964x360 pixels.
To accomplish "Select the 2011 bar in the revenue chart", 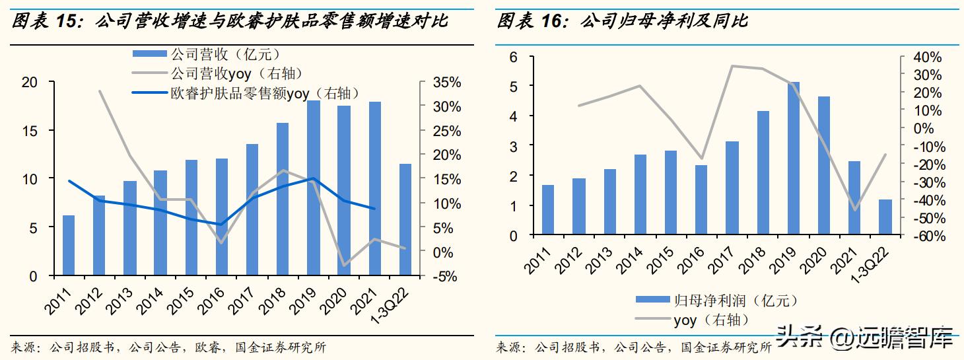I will pyautogui.click(x=69, y=245).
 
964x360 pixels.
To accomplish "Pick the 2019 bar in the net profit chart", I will pyautogui.click(x=794, y=159).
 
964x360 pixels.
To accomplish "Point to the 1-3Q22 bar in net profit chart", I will pyautogui.click(x=885, y=217).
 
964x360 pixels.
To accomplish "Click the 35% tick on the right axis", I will pyautogui.click(x=447, y=83).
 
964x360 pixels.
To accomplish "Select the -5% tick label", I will pyautogui.click(x=446, y=276).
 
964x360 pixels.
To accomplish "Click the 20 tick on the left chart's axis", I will pyautogui.click(x=30, y=82).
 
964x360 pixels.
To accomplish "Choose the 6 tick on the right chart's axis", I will pyautogui.click(x=512, y=57).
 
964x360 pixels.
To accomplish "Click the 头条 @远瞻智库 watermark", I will pyautogui.click(x=865, y=338).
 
